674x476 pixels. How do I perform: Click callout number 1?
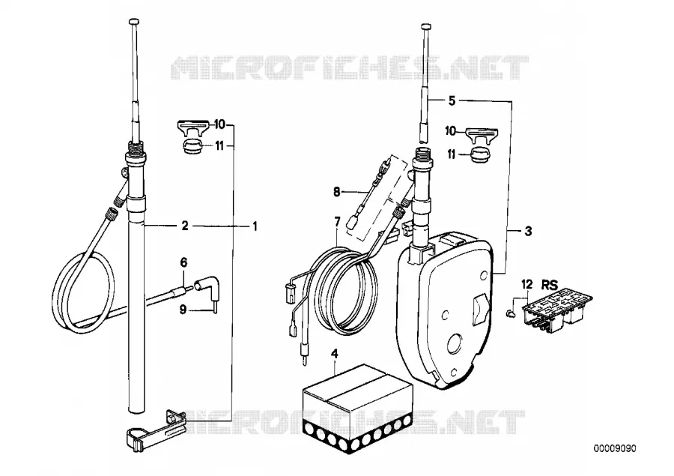(255, 226)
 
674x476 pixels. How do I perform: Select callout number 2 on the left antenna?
(185, 226)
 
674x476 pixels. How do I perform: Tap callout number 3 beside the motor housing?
(528, 231)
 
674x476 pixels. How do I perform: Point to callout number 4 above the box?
(335, 354)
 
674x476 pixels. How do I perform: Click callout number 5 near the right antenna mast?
(452, 100)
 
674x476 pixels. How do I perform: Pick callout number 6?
(183, 262)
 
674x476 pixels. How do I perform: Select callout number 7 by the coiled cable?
(337, 222)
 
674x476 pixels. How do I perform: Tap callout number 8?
(336, 191)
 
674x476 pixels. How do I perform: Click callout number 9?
(183, 309)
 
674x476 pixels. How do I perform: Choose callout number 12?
(527, 285)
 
